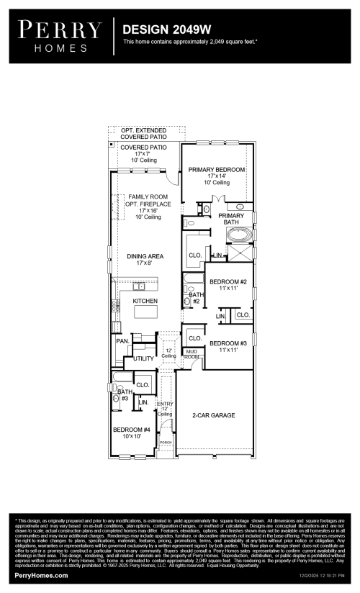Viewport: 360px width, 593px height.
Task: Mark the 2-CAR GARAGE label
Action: pyautogui.click(x=213, y=415)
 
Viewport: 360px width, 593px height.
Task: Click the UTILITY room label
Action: pyautogui.click(x=144, y=358)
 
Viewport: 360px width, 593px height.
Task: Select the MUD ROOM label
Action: pyautogui.click(x=191, y=354)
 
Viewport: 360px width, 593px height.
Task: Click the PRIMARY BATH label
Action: pyautogui.click(x=231, y=219)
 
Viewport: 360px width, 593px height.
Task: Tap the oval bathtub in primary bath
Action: pyautogui.click(x=245, y=235)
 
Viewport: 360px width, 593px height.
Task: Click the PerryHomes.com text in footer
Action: pyautogui.click(x=42, y=576)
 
